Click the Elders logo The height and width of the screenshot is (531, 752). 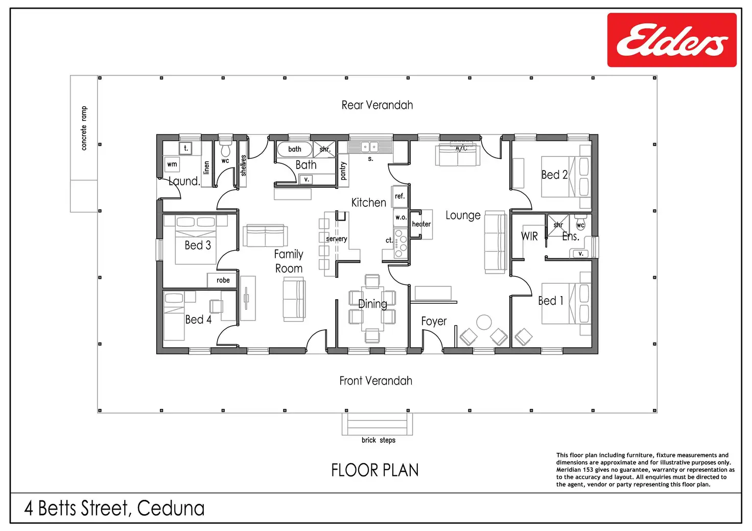(x=672, y=40)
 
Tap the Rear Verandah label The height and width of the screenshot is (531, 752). (x=377, y=105)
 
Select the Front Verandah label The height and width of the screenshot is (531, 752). (x=375, y=381)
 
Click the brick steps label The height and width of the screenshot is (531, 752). (x=379, y=440)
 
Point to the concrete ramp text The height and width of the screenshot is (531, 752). (x=84, y=128)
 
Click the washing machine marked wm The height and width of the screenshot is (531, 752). (x=172, y=164)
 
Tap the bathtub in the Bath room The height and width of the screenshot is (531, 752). (x=294, y=149)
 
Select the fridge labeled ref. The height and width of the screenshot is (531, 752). (x=400, y=196)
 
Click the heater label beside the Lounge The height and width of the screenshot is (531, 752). (x=421, y=224)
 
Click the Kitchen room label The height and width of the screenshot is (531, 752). (x=369, y=203)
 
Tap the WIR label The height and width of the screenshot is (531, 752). (x=529, y=236)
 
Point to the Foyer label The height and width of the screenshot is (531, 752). (x=434, y=321)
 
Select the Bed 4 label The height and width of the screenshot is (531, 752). (x=198, y=319)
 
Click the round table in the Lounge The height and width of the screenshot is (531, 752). (x=484, y=322)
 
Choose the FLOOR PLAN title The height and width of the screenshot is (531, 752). (x=375, y=470)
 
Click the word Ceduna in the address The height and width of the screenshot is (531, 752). (x=171, y=508)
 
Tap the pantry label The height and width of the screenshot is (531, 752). (x=343, y=171)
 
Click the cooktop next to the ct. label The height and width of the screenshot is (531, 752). (x=401, y=244)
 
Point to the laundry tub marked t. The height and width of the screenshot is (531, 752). (x=185, y=148)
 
